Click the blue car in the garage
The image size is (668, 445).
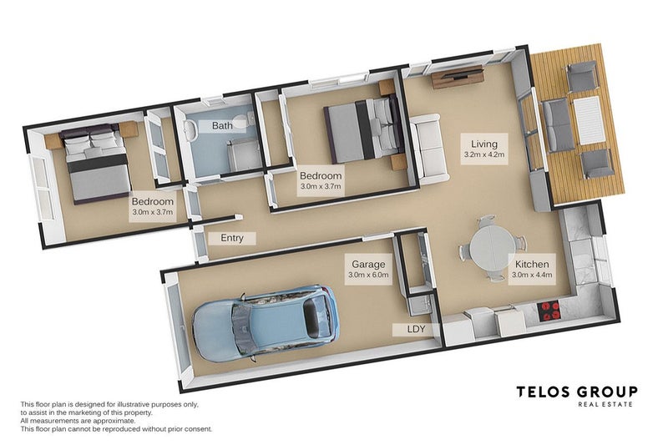click(x=266, y=325)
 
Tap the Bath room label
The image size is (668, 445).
click(x=222, y=125)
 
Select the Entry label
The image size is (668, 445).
click(x=232, y=238)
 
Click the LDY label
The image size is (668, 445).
click(x=416, y=329)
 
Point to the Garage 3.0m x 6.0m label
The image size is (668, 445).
click(x=368, y=269)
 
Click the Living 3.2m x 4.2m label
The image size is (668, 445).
click(x=484, y=149)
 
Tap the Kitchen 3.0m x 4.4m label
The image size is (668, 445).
click(x=532, y=270)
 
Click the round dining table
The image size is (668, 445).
click(x=491, y=246)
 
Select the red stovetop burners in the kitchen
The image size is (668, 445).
click(x=549, y=311)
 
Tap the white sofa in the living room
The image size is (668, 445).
click(x=429, y=149)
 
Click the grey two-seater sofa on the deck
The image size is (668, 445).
click(x=557, y=125)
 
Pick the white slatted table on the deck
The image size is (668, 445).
click(x=590, y=120)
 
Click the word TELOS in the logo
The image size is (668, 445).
click(x=544, y=392)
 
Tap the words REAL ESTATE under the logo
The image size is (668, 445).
click(x=605, y=404)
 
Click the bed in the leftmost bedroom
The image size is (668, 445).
click(x=97, y=162)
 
